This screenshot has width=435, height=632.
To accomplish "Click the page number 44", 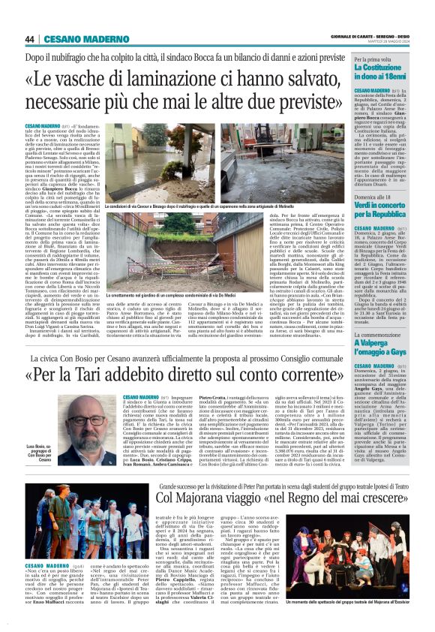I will (x=31, y=38).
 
